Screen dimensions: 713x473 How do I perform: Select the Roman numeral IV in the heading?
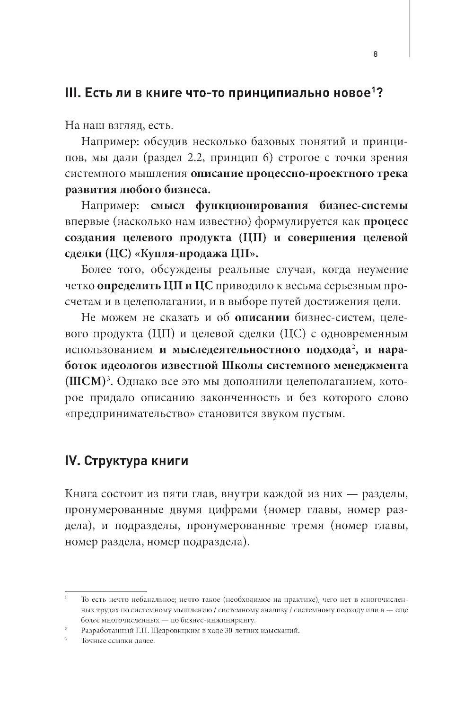point(71,461)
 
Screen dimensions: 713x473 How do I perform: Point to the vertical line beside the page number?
point(409,28)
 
